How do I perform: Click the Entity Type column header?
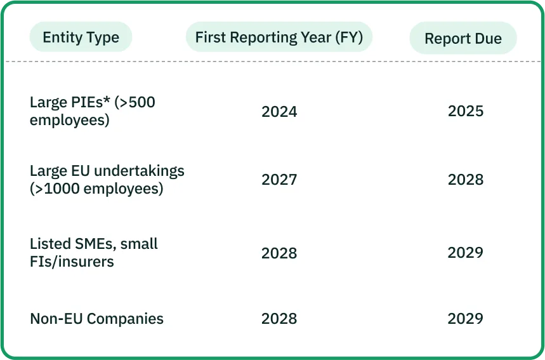(x=81, y=37)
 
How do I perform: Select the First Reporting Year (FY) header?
(x=279, y=37)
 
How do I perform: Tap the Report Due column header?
(x=463, y=38)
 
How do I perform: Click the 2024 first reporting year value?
(x=279, y=112)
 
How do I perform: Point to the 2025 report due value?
(x=466, y=111)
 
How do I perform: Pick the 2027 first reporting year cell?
(x=279, y=180)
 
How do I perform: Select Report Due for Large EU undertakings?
(x=466, y=180)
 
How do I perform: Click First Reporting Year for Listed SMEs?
(x=279, y=253)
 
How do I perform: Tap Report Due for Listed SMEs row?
(x=466, y=253)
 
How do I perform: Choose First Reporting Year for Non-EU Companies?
(x=279, y=319)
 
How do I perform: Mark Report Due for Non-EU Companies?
(x=466, y=319)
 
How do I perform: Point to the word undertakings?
(x=139, y=171)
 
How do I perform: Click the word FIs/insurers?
(x=72, y=262)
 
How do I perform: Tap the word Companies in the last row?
(x=125, y=319)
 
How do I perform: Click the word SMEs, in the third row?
(x=95, y=244)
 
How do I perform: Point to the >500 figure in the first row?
(x=135, y=102)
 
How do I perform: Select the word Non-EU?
(x=56, y=319)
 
